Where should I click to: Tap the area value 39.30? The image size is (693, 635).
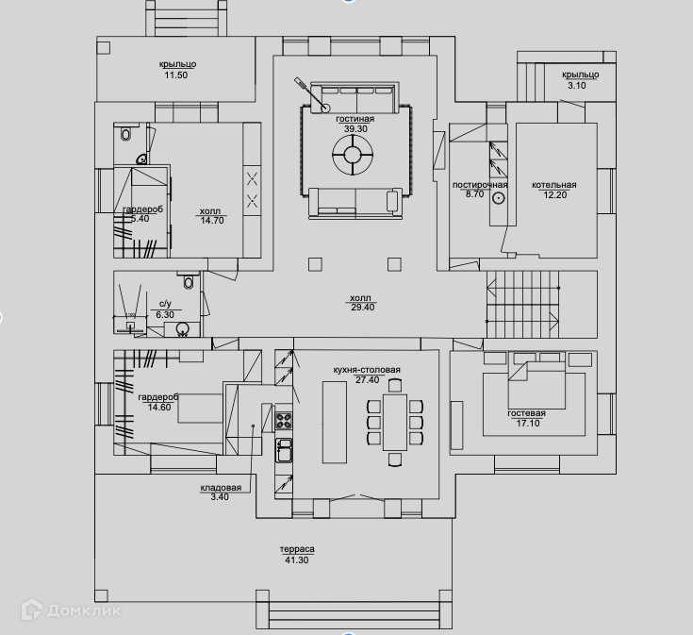(x=355, y=129)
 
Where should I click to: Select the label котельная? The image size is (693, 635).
(x=553, y=185)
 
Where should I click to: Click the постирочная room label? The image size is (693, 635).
(x=480, y=185)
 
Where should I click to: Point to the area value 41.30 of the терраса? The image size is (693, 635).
(x=295, y=560)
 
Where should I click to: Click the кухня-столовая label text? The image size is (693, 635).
(x=367, y=369)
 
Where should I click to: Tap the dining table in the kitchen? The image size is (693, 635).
(x=395, y=422)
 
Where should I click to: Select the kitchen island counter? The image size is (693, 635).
(x=335, y=422)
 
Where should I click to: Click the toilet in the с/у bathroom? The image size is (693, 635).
(x=188, y=281)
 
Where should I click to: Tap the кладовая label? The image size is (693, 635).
(x=221, y=487)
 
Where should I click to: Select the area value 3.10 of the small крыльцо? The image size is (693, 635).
(x=575, y=86)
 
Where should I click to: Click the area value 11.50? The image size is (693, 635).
(x=176, y=75)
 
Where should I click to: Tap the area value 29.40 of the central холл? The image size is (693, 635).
(x=362, y=307)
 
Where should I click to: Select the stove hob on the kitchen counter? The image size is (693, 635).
(x=283, y=419)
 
